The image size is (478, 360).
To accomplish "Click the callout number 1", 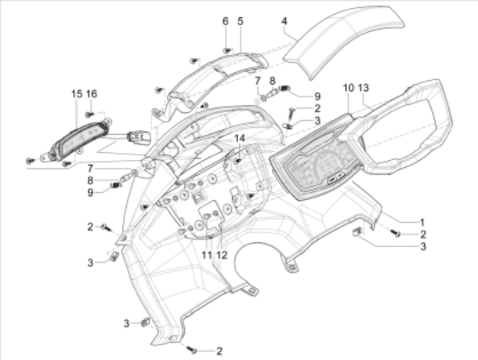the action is (x=422, y=222).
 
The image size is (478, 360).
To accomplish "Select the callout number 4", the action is (x=284, y=22).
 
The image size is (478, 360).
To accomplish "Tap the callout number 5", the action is (x=241, y=22).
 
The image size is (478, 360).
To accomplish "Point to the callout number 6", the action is (x=225, y=22).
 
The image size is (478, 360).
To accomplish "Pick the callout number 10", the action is (x=349, y=88).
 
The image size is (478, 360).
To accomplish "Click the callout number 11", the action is (x=207, y=255).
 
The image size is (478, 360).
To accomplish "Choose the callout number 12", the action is (x=222, y=255).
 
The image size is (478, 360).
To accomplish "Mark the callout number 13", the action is (x=363, y=88).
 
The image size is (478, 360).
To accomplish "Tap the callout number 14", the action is (x=240, y=138).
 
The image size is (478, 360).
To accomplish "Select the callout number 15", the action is (x=76, y=94).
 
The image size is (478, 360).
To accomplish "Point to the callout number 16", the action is (x=91, y=94).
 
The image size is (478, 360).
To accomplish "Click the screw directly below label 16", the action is (x=90, y=115).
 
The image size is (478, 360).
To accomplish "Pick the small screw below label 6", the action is (x=227, y=50).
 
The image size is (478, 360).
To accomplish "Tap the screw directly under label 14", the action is (x=239, y=161).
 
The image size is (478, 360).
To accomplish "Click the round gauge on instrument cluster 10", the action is (x=326, y=163).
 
